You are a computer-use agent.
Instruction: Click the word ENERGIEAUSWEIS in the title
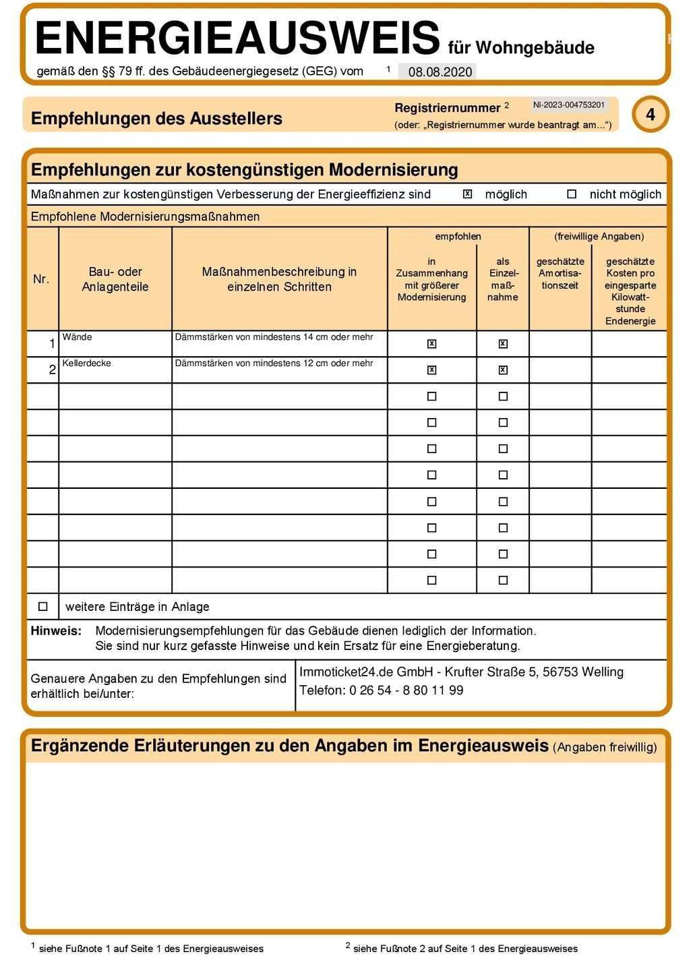[x=237, y=38]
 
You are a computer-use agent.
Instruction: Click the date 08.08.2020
[x=440, y=72]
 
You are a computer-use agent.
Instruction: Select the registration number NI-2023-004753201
[x=568, y=105]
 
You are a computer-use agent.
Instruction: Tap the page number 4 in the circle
[x=650, y=115]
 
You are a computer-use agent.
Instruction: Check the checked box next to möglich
[x=467, y=194]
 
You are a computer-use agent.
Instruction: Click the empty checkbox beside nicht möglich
[x=572, y=194]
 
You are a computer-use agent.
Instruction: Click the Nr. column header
[x=41, y=279]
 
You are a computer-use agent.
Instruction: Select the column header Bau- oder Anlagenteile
[x=115, y=279]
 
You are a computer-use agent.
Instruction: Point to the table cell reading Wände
[x=78, y=337]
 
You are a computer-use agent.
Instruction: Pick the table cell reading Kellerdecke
[x=87, y=363]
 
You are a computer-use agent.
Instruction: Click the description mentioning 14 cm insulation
[x=274, y=337]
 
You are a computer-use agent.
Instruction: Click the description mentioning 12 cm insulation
[x=274, y=363]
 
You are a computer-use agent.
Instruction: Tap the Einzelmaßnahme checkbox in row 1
[x=503, y=344]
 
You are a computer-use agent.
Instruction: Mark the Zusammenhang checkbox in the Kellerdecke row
[x=432, y=370]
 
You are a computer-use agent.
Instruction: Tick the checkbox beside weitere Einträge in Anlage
[x=43, y=607]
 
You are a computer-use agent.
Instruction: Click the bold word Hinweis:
[x=56, y=631]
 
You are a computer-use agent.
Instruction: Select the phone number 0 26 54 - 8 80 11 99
[x=406, y=690]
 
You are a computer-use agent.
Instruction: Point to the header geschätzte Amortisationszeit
[x=560, y=273]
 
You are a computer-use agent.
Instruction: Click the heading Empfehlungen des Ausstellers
[x=156, y=119]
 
